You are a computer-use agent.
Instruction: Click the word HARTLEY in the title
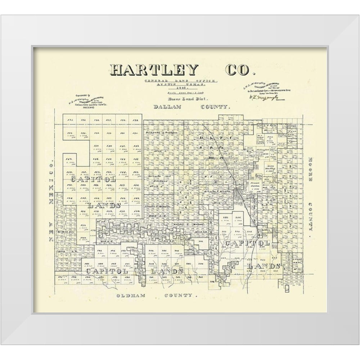click(154, 69)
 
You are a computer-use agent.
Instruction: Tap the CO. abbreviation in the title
click(237, 69)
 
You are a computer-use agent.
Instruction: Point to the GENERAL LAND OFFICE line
click(181, 81)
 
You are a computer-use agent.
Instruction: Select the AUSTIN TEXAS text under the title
click(181, 85)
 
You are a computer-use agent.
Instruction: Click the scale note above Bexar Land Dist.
click(181, 93)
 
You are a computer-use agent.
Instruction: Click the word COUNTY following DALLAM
click(215, 107)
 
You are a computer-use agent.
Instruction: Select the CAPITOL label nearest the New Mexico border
click(94, 179)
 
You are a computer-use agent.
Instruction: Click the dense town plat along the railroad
click(239, 194)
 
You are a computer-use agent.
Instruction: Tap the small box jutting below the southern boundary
click(287, 288)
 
